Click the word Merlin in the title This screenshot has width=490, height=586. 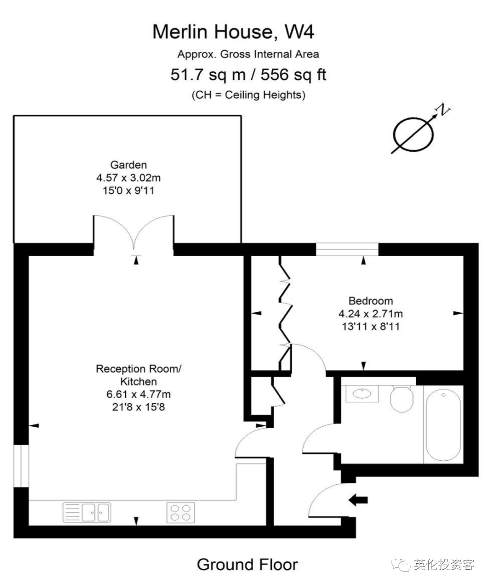tap(180, 31)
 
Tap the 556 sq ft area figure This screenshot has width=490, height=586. tap(294, 75)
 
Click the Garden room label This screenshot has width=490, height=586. tap(128, 165)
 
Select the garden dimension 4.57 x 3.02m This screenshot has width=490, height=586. tap(128, 177)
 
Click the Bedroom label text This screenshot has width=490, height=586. tap(371, 301)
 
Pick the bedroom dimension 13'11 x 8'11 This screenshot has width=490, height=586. tap(371, 326)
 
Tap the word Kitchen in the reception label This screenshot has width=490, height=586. tap(138, 381)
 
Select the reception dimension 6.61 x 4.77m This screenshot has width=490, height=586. tap(138, 394)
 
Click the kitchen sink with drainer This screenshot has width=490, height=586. tap(87, 512)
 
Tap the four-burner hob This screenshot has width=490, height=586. tap(181, 512)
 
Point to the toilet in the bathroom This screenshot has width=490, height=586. tap(402, 399)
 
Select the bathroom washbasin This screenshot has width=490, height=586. tap(362, 394)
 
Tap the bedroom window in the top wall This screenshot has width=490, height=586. tap(347, 249)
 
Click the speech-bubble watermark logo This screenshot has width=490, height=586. tap(401, 564)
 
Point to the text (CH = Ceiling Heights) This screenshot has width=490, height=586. tap(249, 95)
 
